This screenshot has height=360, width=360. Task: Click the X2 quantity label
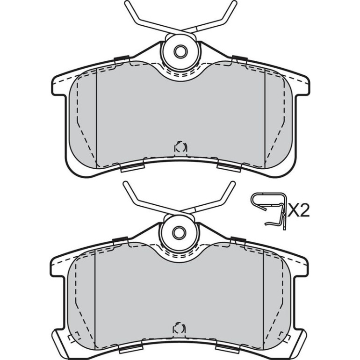pos(299,210)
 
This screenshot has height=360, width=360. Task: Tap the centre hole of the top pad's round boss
pos(180,51)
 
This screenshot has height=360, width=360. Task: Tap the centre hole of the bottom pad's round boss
pos(179,233)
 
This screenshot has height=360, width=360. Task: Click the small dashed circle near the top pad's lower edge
pos(180,147)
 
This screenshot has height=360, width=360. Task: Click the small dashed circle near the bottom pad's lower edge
pos(180,328)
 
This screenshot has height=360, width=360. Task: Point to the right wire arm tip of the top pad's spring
pos(234,3)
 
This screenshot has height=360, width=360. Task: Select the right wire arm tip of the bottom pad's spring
pos(232,184)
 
